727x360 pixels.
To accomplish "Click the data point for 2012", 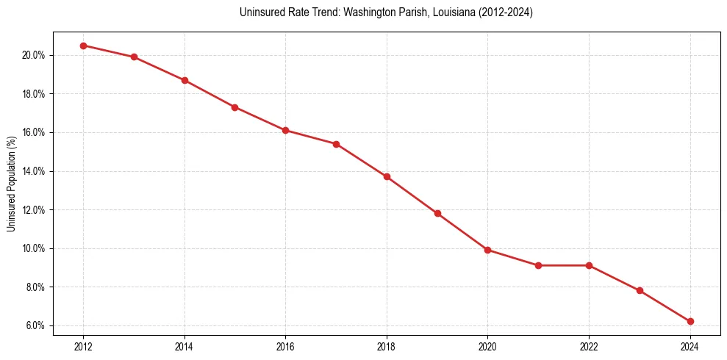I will pos(83,46).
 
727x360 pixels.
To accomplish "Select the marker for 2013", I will pos(134,57).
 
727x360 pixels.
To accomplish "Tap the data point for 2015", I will pos(235,107).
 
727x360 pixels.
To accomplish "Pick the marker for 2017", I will pos(336,144).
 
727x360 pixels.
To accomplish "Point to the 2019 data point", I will pos(437,214).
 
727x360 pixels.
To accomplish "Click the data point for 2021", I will pos(539,265).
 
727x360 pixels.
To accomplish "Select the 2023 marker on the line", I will pos(640,290).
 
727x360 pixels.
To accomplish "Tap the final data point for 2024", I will pos(690,321).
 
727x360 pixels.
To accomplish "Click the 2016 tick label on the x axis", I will pos(285,346).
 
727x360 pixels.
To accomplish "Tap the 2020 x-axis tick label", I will pos(488,346).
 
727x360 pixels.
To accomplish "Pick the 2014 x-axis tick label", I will pos(185,346).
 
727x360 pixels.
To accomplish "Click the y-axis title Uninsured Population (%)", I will pos(12,183).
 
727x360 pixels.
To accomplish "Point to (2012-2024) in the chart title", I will pos(507,12).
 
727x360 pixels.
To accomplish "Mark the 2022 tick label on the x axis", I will pos(589,346).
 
